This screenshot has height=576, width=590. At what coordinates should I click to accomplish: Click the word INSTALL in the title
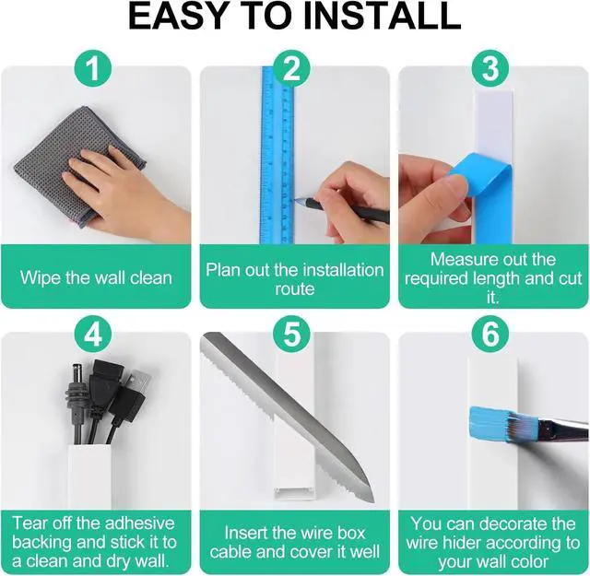383,17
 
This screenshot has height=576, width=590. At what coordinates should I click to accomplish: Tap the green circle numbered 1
93,68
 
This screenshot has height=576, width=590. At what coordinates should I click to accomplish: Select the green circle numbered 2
291,68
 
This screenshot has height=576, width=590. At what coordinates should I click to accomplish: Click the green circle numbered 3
490,68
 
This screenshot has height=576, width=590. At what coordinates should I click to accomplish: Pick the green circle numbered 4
93,334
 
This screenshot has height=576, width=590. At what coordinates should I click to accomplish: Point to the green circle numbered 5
291,334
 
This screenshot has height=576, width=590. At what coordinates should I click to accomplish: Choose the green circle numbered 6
490,334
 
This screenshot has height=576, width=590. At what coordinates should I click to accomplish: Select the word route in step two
295,289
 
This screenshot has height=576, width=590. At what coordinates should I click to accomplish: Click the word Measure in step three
462,260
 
